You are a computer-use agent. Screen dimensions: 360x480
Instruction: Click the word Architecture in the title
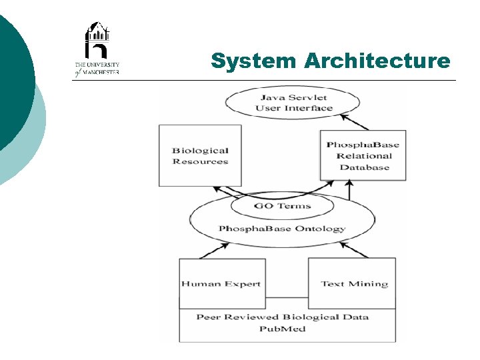click(377, 61)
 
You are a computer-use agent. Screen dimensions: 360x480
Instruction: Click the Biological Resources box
click(199, 155)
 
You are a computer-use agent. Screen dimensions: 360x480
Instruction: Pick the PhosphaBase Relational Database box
click(363, 156)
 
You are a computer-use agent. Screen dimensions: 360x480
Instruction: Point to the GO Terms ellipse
click(282, 206)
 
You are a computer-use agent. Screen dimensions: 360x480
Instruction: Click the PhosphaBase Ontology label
click(282, 229)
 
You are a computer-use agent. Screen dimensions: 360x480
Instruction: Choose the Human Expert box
click(221, 283)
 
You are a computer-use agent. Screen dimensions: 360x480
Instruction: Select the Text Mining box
click(353, 283)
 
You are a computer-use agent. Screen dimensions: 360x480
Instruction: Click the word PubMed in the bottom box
click(282, 329)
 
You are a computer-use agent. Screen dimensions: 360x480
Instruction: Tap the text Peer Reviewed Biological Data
click(282, 317)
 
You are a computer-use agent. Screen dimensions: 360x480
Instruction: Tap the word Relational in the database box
click(364, 156)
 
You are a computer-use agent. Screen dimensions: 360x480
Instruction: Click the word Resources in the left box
click(200, 161)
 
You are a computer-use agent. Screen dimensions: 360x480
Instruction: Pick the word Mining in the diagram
click(369, 283)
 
